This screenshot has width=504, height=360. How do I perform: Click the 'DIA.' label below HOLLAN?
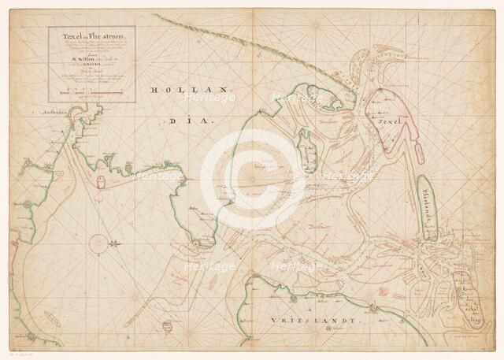point(183,122)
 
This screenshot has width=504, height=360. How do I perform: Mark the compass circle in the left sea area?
point(99,245)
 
